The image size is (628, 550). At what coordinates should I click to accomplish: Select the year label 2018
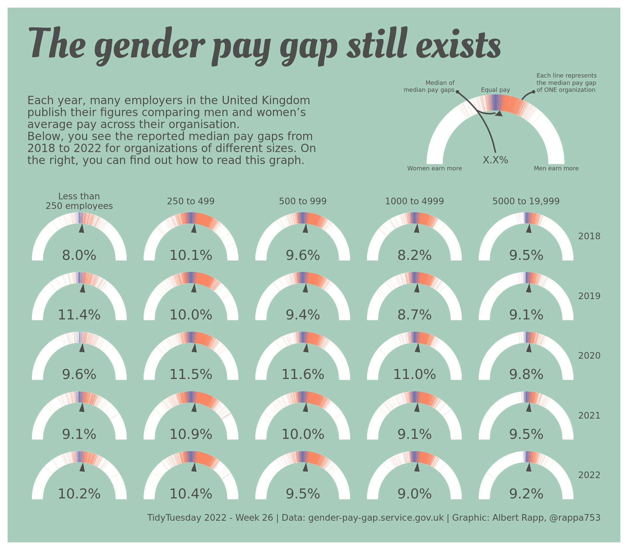click(x=589, y=236)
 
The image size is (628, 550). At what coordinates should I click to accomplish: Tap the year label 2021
click(x=589, y=416)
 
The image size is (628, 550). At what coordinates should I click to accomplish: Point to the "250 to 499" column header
click(x=190, y=201)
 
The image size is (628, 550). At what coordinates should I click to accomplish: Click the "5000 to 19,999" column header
click(x=526, y=201)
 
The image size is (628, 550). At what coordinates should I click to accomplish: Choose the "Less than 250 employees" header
click(x=79, y=201)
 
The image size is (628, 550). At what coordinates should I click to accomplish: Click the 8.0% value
click(x=79, y=256)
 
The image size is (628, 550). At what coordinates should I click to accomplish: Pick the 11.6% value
click(x=303, y=375)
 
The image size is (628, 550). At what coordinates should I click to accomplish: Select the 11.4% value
click(x=79, y=315)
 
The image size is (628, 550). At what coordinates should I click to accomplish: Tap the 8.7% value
click(x=414, y=315)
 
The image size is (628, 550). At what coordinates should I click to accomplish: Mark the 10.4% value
click(x=191, y=494)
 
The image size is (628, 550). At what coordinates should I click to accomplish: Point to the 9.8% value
click(x=526, y=375)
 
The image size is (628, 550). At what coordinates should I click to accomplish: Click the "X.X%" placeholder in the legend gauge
click(x=495, y=160)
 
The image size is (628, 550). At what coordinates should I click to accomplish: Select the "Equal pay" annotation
click(x=495, y=90)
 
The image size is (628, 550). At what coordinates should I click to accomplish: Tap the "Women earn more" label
click(x=435, y=168)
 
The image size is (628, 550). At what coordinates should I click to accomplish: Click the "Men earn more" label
click(x=556, y=168)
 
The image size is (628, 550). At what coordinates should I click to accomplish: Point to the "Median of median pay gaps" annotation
click(x=429, y=87)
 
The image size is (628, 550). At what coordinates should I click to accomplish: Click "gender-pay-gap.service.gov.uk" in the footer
click(x=376, y=518)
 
